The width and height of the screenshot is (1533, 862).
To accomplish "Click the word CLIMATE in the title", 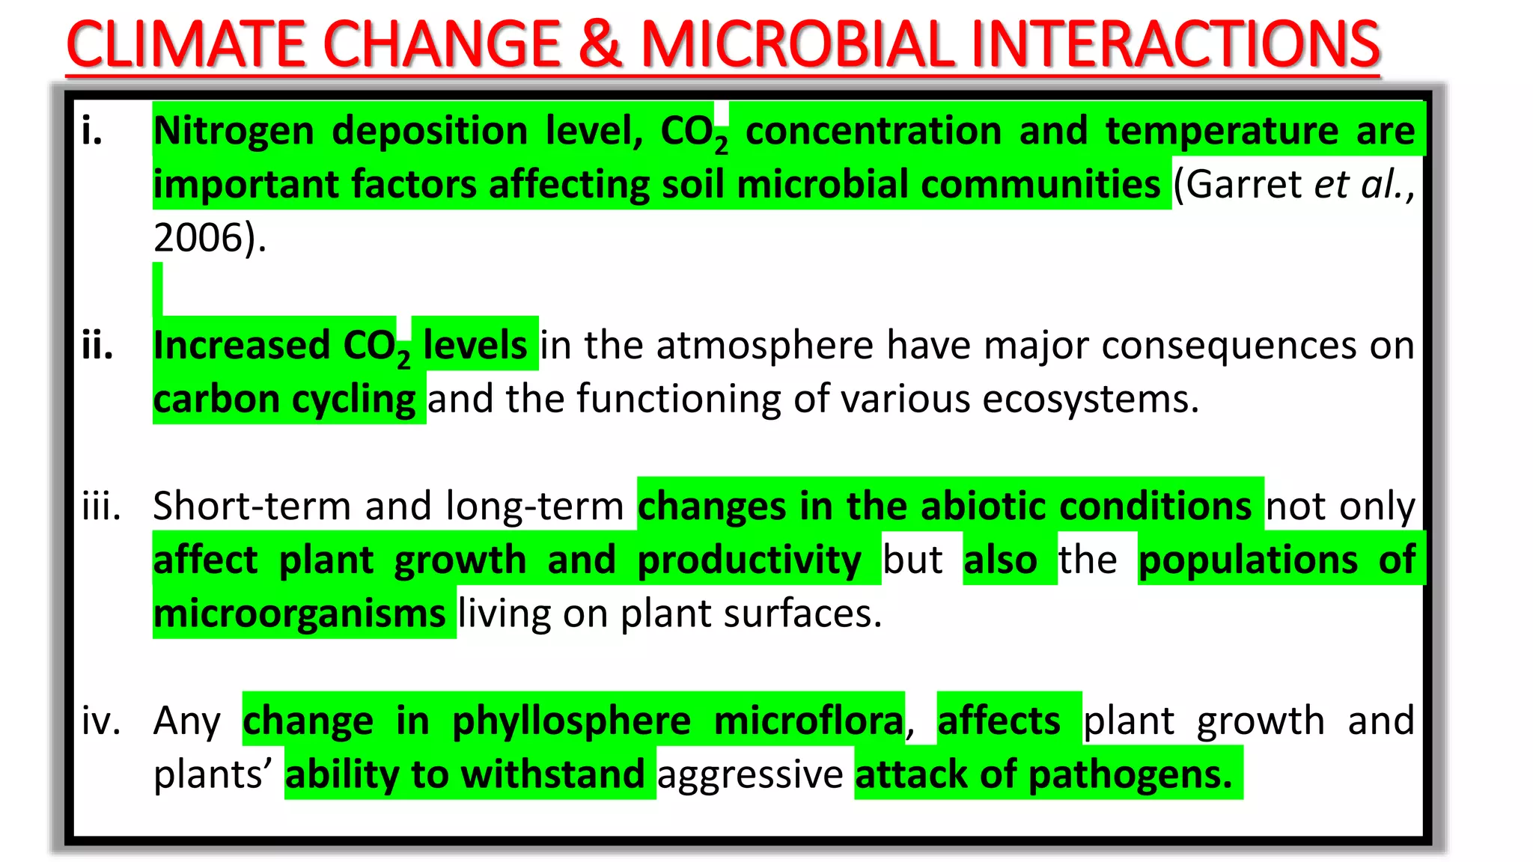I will click(x=186, y=45).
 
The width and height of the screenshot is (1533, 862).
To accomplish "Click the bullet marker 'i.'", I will click(x=92, y=132).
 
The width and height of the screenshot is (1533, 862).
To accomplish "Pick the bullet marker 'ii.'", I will click(x=97, y=346).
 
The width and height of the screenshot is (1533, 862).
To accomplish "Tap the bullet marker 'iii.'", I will click(x=101, y=507).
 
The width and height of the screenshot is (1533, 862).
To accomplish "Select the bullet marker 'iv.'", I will click(x=101, y=721).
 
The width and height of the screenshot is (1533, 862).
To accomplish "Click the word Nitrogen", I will click(x=234, y=132).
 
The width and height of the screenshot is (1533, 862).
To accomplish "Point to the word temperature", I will click(x=1222, y=132).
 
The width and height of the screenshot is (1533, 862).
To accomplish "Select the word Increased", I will click(x=242, y=346).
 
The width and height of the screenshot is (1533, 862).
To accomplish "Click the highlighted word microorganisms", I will click(x=299, y=614).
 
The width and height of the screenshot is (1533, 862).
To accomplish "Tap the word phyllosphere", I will click(x=571, y=721).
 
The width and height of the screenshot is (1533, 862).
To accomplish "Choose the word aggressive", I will click(x=750, y=775).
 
